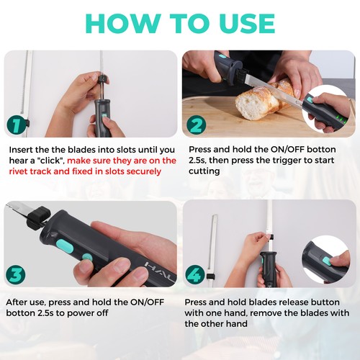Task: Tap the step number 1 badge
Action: [17, 126]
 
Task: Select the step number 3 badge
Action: [17, 275]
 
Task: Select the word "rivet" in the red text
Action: [23, 171]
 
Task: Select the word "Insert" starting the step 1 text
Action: [22, 148]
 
